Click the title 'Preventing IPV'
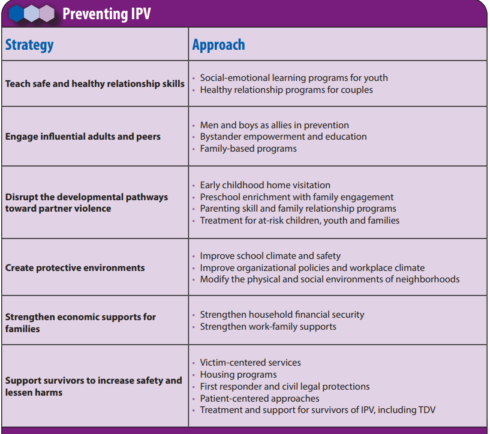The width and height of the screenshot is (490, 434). click(x=107, y=13)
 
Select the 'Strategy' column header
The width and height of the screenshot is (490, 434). click(x=29, y=45)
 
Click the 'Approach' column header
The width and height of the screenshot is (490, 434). click(x=218, y=45)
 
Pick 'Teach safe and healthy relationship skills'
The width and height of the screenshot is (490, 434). click(x=95, y=84)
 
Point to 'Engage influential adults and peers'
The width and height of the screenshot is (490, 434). click(x=83, y=137)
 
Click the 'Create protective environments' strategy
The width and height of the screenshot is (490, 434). click(x=75, y=268)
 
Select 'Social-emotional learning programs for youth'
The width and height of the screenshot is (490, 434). click(x=294, y=78)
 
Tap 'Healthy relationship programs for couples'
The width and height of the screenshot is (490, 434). click(x=286, y=90)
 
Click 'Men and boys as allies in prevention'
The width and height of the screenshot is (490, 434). click(x=274, y=125)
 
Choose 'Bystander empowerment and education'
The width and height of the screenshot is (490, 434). click(x=283, y=137)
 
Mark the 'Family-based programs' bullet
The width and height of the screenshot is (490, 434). click(x=248, y=149)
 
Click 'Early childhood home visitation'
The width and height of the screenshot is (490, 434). click(x=265, y=185)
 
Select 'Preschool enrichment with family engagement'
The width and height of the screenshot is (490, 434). click(x=297, y=197)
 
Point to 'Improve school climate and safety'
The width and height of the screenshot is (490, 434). click(x=270, y=256)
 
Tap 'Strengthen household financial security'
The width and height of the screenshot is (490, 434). click(x=282, y=315)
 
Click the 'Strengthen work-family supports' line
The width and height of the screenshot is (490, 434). click(x=268, y=327)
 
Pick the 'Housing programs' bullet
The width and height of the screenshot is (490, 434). click(x=238, y=375)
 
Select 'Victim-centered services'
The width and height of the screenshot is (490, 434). click(x=250, y=363)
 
